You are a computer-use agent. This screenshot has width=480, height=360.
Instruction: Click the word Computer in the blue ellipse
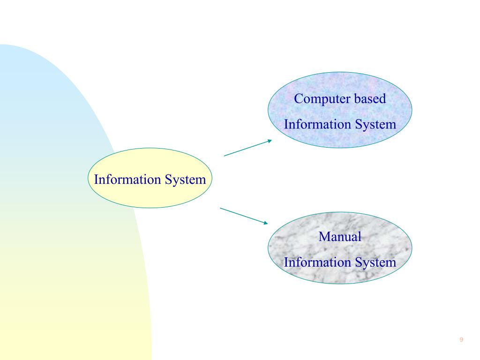(x=319, y=99)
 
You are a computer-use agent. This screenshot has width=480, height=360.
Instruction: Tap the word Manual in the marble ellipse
(x=340, y=237)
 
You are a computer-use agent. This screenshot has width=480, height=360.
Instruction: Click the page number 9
(x=462, y=340)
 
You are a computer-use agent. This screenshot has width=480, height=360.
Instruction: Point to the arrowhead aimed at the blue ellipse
(x=269, y=140)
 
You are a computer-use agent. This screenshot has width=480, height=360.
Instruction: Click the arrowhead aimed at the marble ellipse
(x=267, y=223)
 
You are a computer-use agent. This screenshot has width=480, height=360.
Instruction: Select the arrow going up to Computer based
(x=247, y=148)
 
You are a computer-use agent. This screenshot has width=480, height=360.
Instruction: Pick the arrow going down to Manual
(x=243, y=215)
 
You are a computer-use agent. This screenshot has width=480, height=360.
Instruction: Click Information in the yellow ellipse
(x=124, y=180)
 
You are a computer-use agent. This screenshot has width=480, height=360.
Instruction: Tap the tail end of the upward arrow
(x=225, y=156)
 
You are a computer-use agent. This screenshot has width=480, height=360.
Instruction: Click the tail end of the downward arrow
(x=221, y=207)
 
